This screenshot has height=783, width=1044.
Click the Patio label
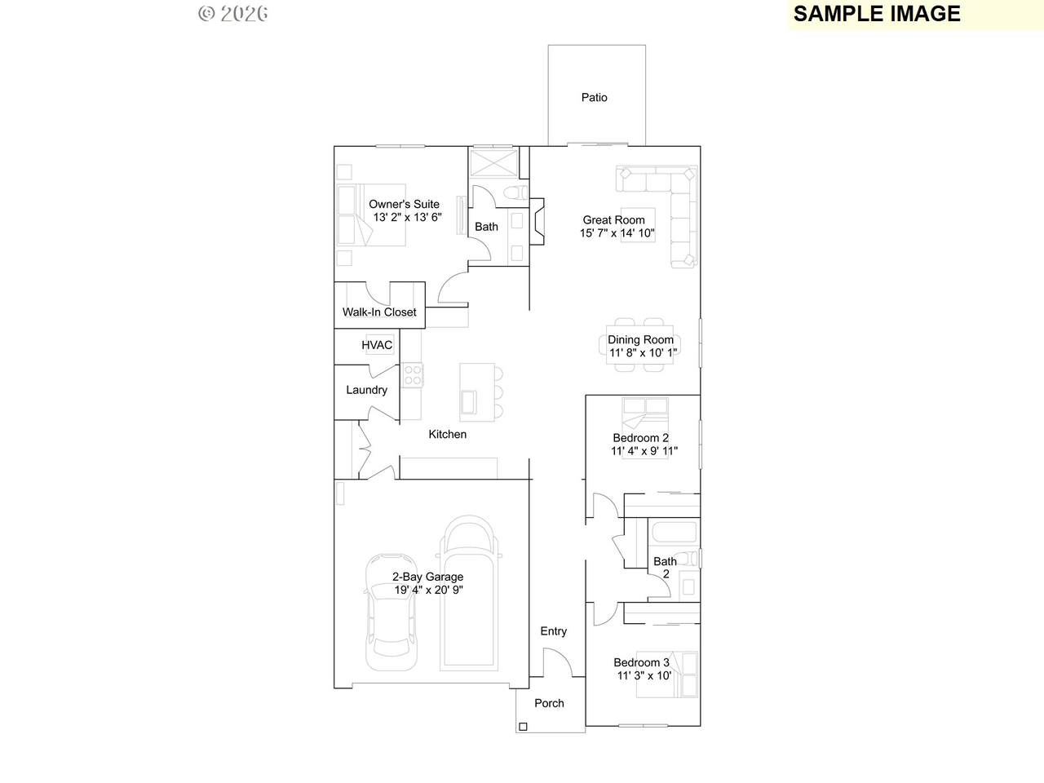pyautogui.click(x=594, y=97)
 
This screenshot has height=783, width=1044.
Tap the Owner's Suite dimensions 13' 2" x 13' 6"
pyautogui.click(x=407, y=217)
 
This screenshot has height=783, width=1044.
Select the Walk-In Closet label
pyautogui.click(x=379, y=312)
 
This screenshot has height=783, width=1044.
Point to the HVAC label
pyautogui.click(x=377, y=345)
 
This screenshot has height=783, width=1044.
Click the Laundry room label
pyautogui.click(x=366, y=390)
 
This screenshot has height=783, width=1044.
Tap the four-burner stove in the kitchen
pyautogui.click(x=412, y=374)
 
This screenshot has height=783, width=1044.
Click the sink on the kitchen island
pyautogui.click(x=468, y=402)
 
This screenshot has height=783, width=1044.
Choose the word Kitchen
pyautogui.click(x=447, y=434)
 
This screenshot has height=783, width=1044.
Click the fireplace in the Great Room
pyautogui.click(x=537, y=222)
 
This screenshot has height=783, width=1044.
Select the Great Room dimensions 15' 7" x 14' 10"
pyautogui.click(x=617, y=233)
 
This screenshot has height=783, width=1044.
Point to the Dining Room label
pyautogui.click(x=640, y=339)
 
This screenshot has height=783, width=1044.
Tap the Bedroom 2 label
pyautogui.click(x=640, y=438)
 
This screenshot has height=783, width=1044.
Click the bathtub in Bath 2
pyautogui.click(x=674, y=532)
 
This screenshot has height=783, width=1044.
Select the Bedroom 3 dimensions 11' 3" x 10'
pyautogui.click(x=644, y=675)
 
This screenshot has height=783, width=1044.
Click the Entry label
pyautogui.click(x=553, y=630)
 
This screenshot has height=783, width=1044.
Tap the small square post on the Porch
pyautogui.click(x=523, y=727)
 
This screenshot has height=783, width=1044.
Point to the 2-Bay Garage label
pyautogui.click(x=427, y=577)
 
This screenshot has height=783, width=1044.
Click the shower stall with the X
pyautogui.click(x=493, y=163)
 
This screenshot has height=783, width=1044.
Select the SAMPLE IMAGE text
pyautogui.click(x=877, y=14)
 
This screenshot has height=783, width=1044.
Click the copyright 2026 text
pyautogui.click(x=233, y=14)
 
